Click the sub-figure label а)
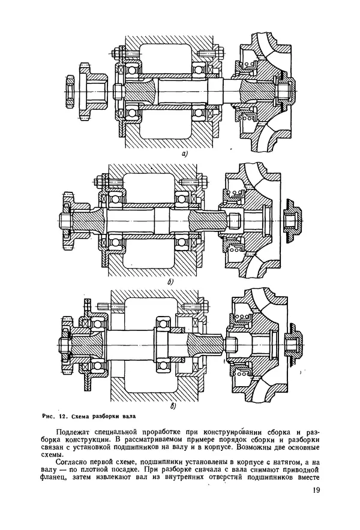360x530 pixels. pos(184,155)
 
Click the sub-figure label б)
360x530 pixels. pos(170,282)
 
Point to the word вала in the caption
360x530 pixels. pos(129,416)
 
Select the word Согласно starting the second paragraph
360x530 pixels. pos(71,462)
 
